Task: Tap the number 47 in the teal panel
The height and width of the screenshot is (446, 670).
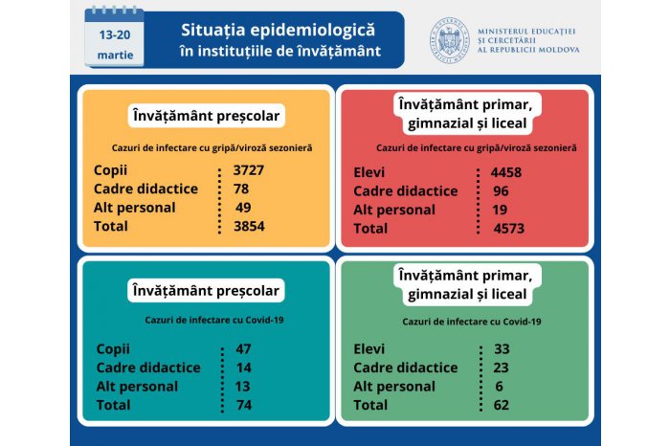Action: [x=244, y=349]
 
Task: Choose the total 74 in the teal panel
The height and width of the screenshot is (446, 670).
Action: [x=244, y=405]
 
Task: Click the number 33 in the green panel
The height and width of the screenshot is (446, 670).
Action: [x=498, y=349]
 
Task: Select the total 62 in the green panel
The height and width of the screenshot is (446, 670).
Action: [x=498, y=405]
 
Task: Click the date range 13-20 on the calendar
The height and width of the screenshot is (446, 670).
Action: [x=116, y=33]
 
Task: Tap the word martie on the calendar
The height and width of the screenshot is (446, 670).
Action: [x=116, y=56]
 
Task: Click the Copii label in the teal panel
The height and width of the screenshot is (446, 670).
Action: [x=113, y=349]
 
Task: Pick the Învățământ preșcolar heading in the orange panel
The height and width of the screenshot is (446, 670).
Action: [x=207, y=116]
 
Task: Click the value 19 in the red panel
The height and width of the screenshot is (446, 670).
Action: [x=498, y=210]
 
